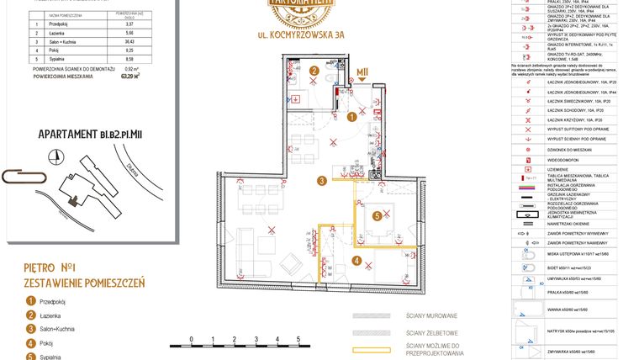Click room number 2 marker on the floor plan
pyautogui.click(x=314, y=71)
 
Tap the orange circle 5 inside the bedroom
pyautogui.click(x=378, y=216)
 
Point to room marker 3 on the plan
pyautogui.click(x=322, y=180)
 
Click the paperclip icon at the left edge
pyautogui.click(x=19, y=176)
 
